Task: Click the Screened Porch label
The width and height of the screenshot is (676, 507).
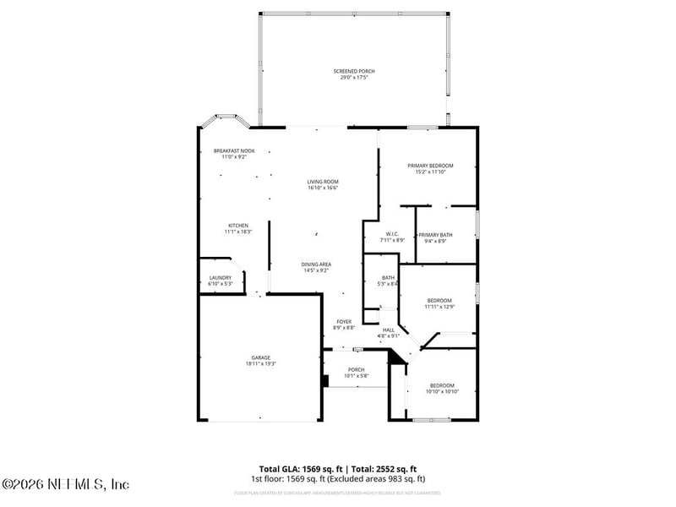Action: (x=353, y=71)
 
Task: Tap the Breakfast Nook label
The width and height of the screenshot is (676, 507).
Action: (x=233, y=150)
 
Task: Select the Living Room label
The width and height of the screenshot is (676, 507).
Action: (x=323, y=182)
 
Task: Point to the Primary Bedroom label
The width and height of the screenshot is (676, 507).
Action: (x=430, y=166)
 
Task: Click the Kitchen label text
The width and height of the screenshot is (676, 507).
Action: (x=237, y=226)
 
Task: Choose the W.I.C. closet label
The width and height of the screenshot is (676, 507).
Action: (x=392, y=234)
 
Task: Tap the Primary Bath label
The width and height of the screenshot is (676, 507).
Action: (x=435, y=234)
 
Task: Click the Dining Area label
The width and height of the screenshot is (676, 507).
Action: (x=316, y=264)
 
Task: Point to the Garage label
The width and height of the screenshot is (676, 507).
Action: (x=260, y=357)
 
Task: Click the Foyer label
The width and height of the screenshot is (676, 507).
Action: (x=344, y=321)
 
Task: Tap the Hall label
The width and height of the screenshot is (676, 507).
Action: (x=389, y=330)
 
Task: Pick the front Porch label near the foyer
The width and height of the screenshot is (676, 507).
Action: (x=357, y=369)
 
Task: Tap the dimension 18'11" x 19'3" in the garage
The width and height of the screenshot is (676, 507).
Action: (x=260, y=363)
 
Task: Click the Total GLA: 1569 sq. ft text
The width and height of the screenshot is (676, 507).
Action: (x=299, y=469)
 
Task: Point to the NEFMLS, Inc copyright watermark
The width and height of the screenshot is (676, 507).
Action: (x=66, y=484)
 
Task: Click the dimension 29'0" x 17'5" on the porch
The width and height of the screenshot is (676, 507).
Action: (x=353, y=77)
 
